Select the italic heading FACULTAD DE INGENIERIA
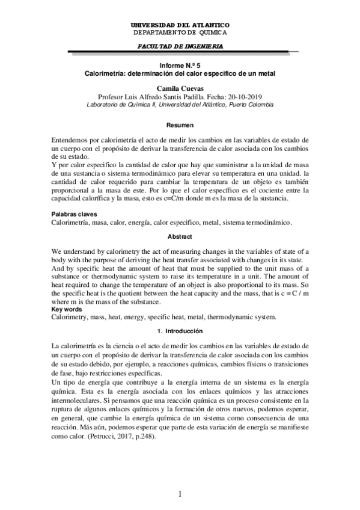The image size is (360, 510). tap(180, 46)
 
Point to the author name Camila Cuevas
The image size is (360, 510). tap(180, 88)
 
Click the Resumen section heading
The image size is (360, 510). tap(180, 124)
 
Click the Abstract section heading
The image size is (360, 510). tap(180, 236)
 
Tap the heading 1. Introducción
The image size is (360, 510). tap(180, 331)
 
